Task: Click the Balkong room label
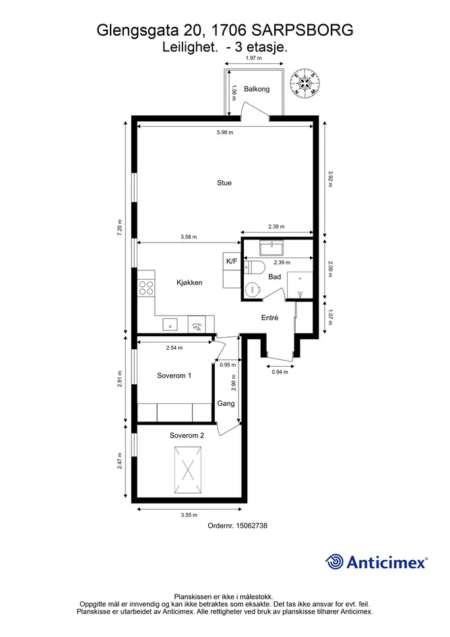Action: pos(257,89)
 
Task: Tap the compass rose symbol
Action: pos(305,84)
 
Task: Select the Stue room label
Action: pos(224,183)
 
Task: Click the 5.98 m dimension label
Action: pos(225,132)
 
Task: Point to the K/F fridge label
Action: pos(232,262)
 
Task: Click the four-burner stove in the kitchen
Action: pos(146,288)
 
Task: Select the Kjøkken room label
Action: pos(189,282)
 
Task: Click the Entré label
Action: pos(269,317)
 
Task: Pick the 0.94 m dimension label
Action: pos(280,371)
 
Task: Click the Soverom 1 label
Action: pos(174,375)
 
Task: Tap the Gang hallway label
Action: pos(226,403)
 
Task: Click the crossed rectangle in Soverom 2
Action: pos(188,469)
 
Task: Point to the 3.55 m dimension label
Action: pos(189,515)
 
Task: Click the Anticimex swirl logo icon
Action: pos(334,562)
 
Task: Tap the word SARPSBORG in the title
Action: pos(302,30)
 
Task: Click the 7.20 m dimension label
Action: pos(119,228)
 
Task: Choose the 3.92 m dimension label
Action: pos(330,179)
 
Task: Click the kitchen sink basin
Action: pos(170,325)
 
